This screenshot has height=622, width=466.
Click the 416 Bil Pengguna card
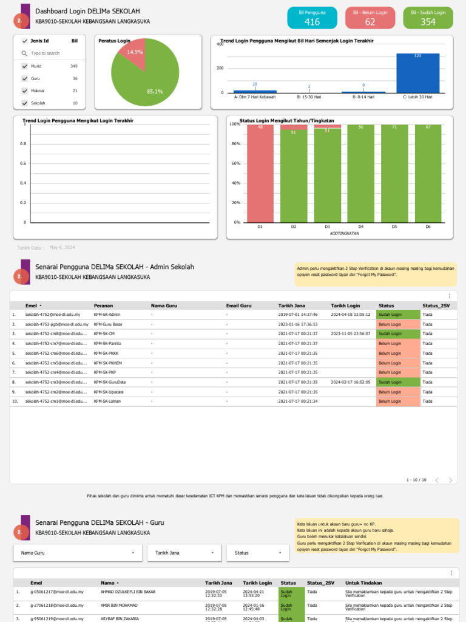(x=312, y=18)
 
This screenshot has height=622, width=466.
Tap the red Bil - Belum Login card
(x=370, y=18)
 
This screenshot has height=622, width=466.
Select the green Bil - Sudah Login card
(x=428, y=18)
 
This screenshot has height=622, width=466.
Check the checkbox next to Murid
(x=25, y=66)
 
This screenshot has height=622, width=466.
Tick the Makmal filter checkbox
(x=25, y=91)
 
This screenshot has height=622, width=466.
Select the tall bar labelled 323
(x=417, y=73)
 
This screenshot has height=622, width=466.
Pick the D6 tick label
(x=428, y=227)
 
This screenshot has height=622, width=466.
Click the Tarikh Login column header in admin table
(x=345, y=306)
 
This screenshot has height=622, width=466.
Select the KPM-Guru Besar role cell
(x=107, y=324)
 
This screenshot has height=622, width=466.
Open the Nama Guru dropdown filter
(x=78, y=553)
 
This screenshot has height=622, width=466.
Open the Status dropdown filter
(x=258, y=553)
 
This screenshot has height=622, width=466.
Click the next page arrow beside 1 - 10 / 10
(x=450, y=480)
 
